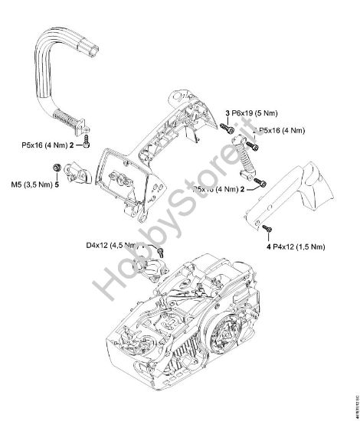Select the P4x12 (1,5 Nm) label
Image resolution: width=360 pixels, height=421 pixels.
[x=302, y=247]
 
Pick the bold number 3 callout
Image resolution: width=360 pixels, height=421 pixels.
[x=227, y=113]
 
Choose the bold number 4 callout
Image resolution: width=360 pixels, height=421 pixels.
[x=269, y=247]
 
